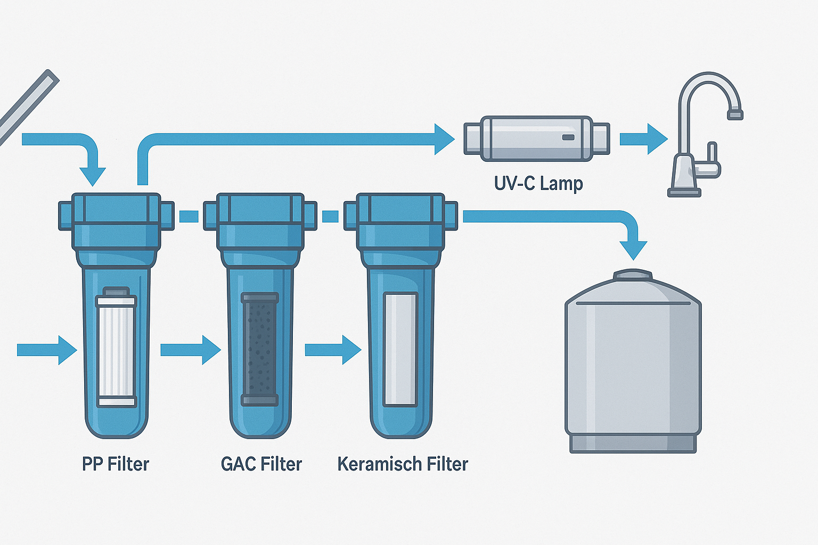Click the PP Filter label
click(x=116, y=464)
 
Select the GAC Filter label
click(x=261, y=464)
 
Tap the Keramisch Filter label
click(x=403, y=464)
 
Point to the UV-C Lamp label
click(x=538, y=184)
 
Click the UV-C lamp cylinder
click(x=536, y=138)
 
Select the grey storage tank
click(x=633, y=367)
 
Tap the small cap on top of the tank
click(x=633, y=275)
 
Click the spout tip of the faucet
click(x=735, y=114)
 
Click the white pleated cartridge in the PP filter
click(x=116, y=349)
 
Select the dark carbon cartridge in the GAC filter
click(x=260, y=349)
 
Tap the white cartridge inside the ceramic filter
click(x=400, y=349)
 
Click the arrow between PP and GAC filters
click(x=190, y=350)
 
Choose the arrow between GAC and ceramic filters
click(x=333, y=350)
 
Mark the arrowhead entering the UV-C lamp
click(x=444, y=139)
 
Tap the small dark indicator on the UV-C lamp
click(x=568, y=137)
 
